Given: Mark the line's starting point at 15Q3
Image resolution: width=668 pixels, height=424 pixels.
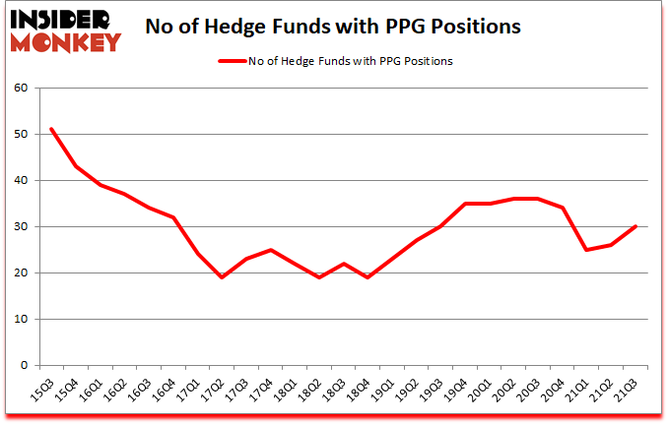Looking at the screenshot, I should [x=51, y=129].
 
